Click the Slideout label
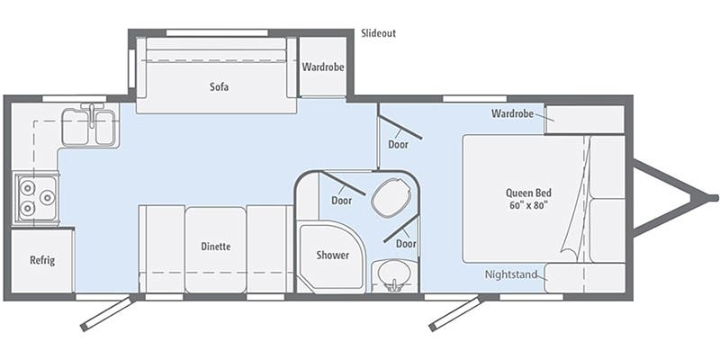coord(378,33)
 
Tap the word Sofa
coord(217,87)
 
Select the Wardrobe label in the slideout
coord(323,67)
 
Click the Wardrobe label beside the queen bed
coord(513,113)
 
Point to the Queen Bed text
coord(529,193)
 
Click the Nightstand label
coord(511,274)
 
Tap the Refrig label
coord(42,261)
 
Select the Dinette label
coord(216,247)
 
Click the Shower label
coord(332,255)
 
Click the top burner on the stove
coord(25,189)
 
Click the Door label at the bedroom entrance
coord(398,144)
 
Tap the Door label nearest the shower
coord(341,200)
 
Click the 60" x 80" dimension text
coord(529,206)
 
